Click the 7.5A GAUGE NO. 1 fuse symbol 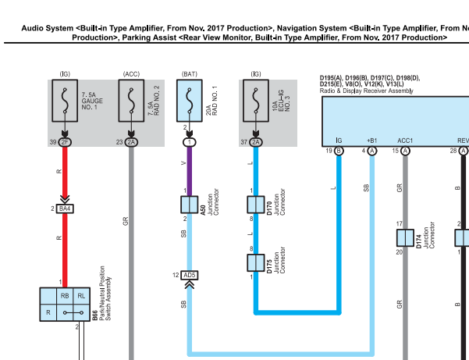coord(65,101)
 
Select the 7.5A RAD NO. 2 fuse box coord(131,101)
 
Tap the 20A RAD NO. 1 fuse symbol coord(190,101)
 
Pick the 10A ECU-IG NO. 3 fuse coord(256,101)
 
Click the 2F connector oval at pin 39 coord(65,142)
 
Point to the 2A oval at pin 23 coord(131,142)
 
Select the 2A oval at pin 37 coord(256,142)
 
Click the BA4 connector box coord(65,209)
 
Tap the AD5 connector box coord(190,276)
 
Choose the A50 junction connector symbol coord(190,205)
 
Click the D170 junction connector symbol coord(256,205)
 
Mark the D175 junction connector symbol coord(256,262)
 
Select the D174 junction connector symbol coord(405,238)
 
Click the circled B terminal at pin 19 coord(339,151)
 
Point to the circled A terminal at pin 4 coord(372,151)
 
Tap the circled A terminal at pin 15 coord(405,151)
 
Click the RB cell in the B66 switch coord(65,296)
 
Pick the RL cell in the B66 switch coord(82,296)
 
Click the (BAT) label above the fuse coord(190,74)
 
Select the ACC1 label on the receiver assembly coord(405,141)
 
